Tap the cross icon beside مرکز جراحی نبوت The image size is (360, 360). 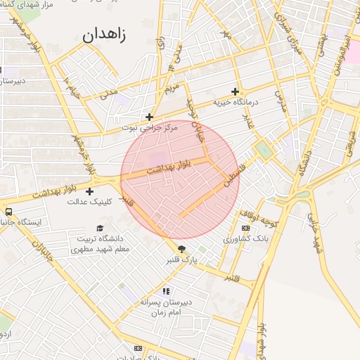(x=149, y=117)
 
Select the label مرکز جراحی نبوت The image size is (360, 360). (x=149, y=128)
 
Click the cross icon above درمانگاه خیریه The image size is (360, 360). (x=235, y=91)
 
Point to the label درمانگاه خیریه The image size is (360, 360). (x=237, y=103)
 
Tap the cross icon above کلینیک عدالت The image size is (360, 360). (x=89, y=191)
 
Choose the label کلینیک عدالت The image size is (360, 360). (x=86, y=202)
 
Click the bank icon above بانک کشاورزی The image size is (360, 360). (x=245, y=228)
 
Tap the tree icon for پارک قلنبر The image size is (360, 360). (x=183, y=249)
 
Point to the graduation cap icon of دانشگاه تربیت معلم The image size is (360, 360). (x=100, y=229)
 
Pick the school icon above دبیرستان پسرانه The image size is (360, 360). (x=166, y=290)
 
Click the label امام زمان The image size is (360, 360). (x=167, y=311)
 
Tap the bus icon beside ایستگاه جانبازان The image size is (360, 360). (x=8, y=211)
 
